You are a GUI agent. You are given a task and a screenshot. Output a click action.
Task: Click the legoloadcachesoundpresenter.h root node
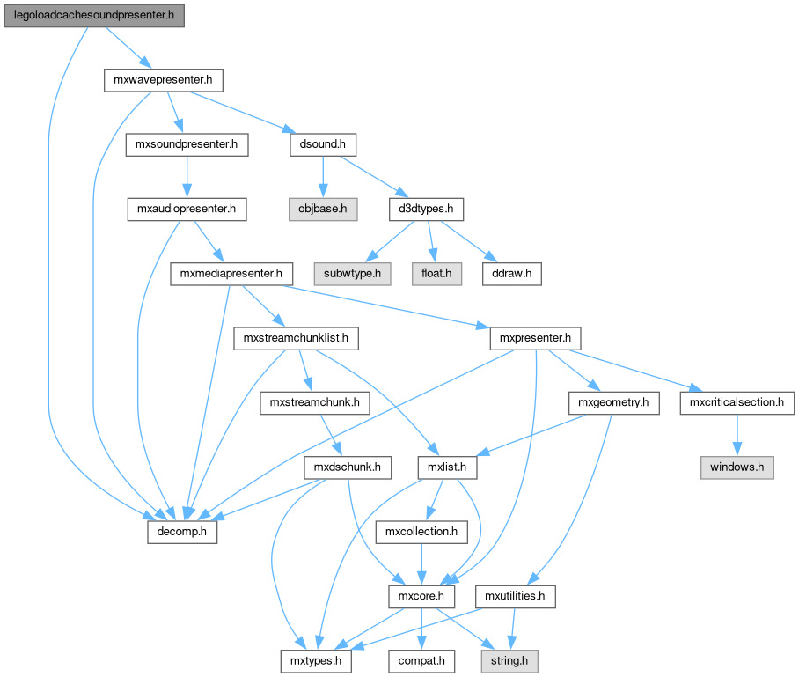[x=94, y=16]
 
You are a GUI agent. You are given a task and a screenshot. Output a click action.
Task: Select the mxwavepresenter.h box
[x=162, y=81]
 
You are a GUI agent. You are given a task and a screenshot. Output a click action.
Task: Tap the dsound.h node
[x=322, y=144]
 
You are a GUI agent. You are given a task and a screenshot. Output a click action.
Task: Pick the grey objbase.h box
[x=321, y=210]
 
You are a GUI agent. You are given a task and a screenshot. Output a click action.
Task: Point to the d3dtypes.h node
[x=426, y=210]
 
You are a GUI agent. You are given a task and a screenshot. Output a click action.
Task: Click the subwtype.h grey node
[x=352, y=274]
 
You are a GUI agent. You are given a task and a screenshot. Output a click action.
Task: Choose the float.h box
[x=436, y=274]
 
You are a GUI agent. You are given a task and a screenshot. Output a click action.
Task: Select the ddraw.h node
[x=511, y=274]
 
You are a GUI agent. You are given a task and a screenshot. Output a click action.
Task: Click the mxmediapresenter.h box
[x=231, y=274]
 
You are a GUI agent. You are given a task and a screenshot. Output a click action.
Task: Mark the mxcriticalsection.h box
[x=737, y=402]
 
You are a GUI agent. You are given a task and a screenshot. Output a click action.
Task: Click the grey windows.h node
[x=737, y=467]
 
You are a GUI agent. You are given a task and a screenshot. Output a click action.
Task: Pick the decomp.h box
[x=181, y=532]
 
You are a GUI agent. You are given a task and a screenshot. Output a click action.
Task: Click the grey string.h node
[x=508, y=659]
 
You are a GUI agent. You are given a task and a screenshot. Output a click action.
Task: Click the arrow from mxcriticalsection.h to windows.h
[x=737, y=434]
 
